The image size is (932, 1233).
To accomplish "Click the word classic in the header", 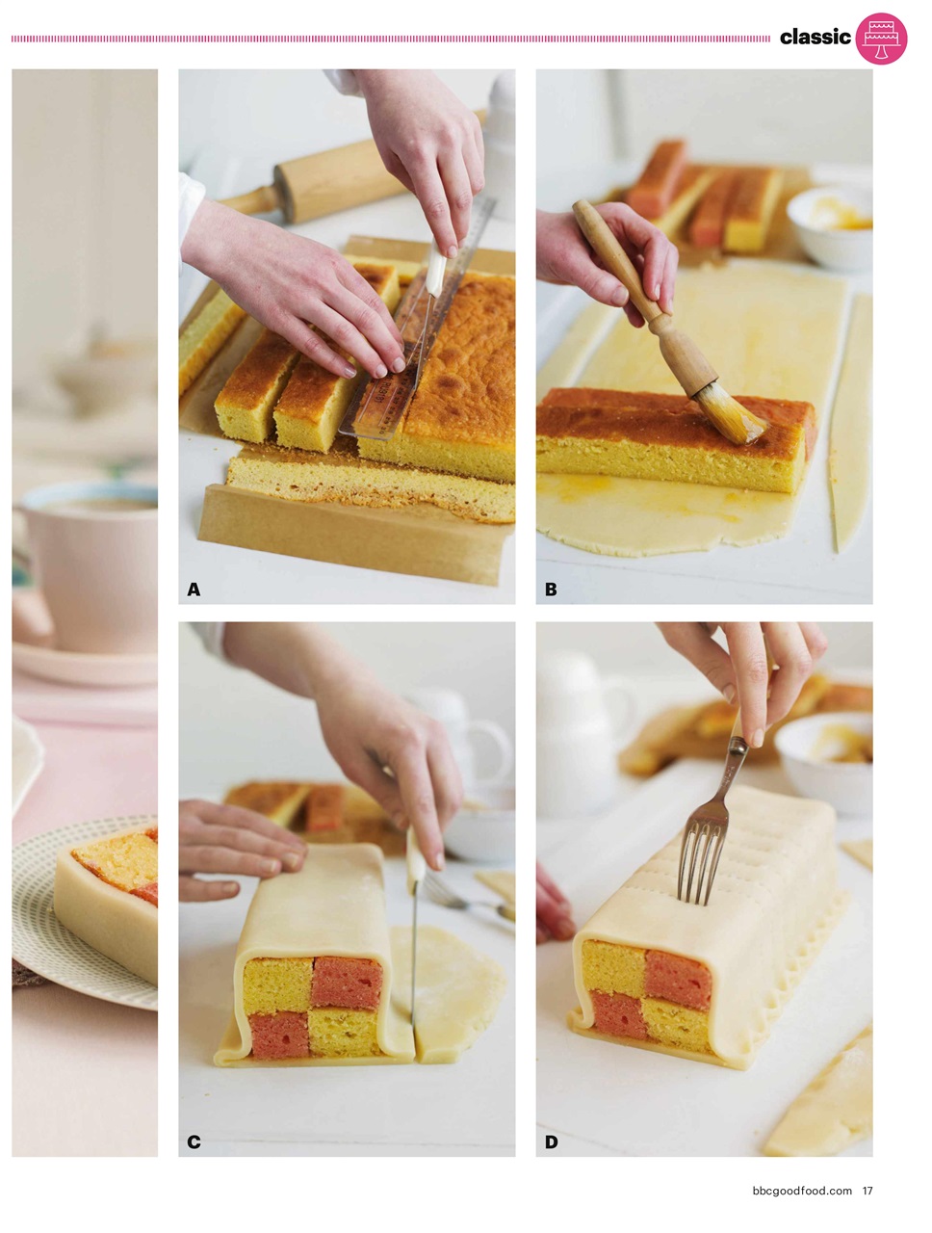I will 815,38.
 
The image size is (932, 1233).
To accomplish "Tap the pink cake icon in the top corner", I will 881,39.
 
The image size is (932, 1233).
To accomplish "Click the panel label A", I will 194,590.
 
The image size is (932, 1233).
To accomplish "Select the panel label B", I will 551,590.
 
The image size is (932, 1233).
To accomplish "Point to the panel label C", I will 194,1142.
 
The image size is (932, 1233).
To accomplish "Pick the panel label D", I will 551,1142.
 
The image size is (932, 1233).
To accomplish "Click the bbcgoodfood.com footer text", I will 801,1191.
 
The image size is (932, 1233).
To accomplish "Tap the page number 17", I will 867,1191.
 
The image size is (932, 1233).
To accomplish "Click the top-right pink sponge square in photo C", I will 347,983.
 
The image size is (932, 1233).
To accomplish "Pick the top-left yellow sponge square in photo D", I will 613,968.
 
